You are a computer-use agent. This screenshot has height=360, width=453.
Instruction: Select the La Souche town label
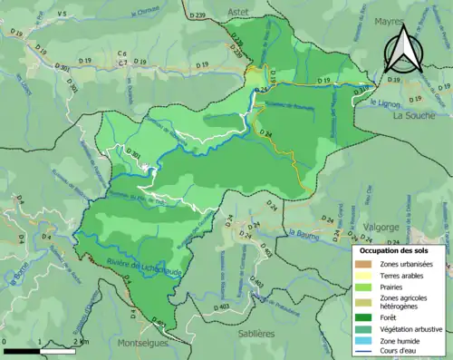[416, 116]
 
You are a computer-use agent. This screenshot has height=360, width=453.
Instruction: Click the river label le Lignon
[385, 103]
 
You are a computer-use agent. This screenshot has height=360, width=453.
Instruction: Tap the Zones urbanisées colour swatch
[362, 263]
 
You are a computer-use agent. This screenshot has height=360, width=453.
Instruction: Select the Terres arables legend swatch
[362, 276]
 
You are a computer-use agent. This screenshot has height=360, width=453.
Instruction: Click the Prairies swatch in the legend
[362, 287]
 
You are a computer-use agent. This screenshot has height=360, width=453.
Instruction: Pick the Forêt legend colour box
[362, 317]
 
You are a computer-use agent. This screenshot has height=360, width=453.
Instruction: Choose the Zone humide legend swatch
[362, 342]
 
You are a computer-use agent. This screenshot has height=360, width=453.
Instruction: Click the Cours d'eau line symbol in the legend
[362, 353]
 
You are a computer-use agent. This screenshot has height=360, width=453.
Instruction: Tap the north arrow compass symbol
[401, 50]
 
